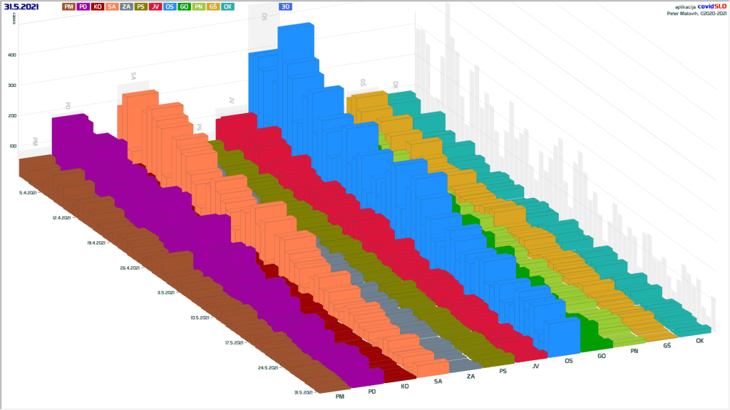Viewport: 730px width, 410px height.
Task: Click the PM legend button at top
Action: tap(69, 6)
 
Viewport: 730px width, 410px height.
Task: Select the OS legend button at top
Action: tap(170, 6)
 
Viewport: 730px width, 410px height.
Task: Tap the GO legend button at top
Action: tap(184, 6)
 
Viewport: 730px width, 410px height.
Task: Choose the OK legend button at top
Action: tap(227, 6)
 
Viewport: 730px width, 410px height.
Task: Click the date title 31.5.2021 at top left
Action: tap(21, 6)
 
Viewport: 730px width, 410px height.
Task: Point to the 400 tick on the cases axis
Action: tap(12, 55)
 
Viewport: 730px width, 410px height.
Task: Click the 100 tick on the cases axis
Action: tap(12, 147)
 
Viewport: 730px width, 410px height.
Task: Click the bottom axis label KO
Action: tap(405, 387)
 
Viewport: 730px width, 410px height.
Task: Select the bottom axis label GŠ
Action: tap(667, 345)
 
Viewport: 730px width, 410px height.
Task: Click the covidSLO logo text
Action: tap(711, 6)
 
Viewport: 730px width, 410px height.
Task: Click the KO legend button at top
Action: tap(98, 6)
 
